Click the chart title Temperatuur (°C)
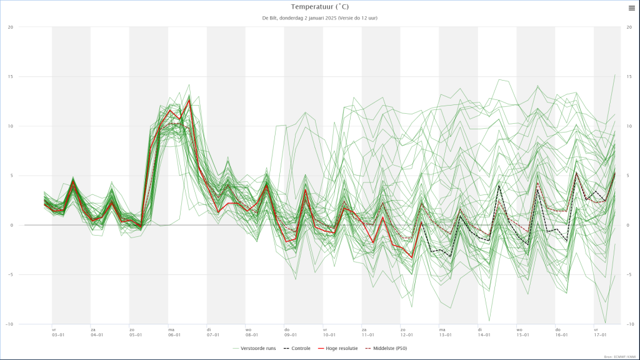(319, 7)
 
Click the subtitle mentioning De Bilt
(319, 17)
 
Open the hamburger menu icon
(631, 7)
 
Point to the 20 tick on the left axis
(10, 27)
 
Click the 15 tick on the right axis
(629, 76)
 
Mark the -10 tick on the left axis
(9, 324)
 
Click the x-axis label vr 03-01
(57, 332)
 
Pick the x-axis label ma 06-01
(174, 332)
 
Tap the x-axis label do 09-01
(290, 332)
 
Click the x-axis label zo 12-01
(406, 332)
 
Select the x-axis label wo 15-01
(522, 332)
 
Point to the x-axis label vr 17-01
(600, 332)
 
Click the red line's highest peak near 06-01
(189, 99)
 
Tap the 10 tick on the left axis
(10, 126)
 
